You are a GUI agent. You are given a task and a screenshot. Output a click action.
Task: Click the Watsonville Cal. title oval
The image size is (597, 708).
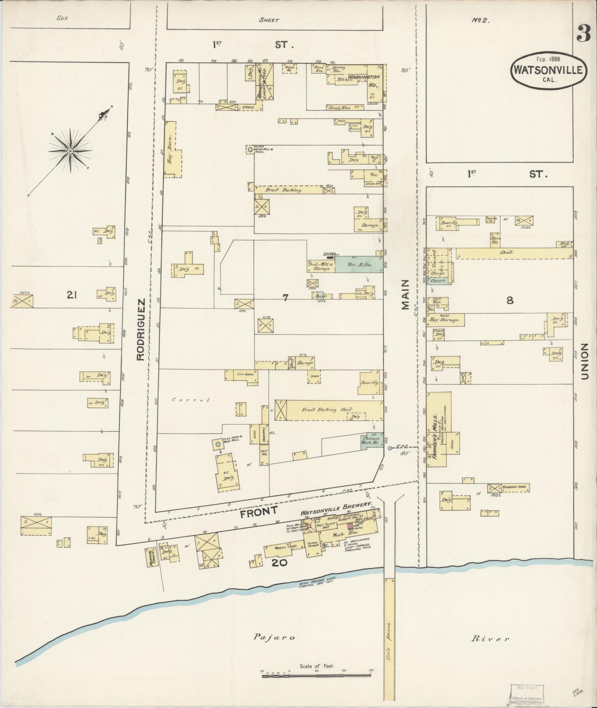[549, 70]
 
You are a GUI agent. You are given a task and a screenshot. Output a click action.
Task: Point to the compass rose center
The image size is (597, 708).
[70, 151]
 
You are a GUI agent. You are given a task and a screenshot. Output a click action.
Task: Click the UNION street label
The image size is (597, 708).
[585, 361]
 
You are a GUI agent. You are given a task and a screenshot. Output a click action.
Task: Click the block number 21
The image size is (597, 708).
[72, 295]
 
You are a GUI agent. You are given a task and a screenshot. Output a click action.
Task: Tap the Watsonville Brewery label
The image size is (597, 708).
[336, 504]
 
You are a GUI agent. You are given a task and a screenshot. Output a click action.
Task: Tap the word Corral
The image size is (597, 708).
[191, 400]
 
